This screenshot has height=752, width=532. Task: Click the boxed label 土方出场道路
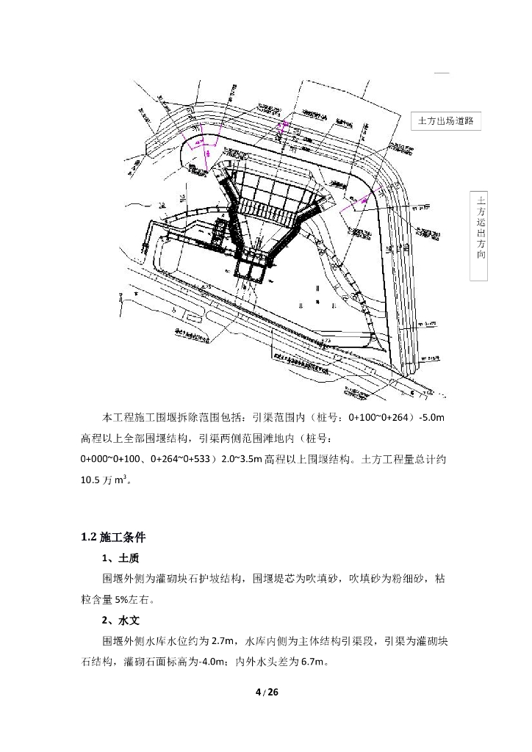[445, 121]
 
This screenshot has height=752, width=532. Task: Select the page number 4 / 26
[266, 693]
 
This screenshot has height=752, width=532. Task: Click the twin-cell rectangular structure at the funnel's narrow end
[252, 271]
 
